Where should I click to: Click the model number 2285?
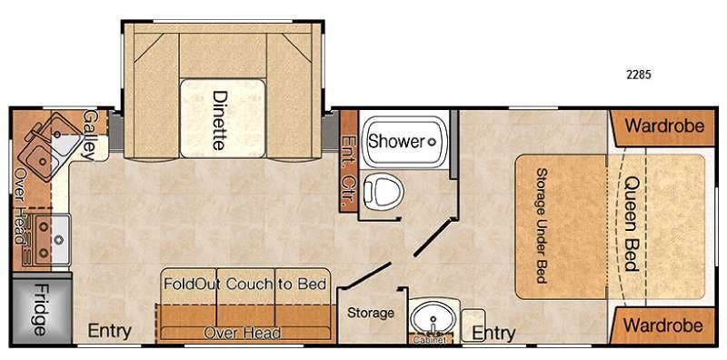[x=639, y=75]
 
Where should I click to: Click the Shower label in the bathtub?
[x=396, y=142]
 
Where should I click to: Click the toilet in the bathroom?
[x=383, y=191]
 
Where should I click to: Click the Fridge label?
[x=40, y=309]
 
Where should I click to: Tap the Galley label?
[x=89, y=135]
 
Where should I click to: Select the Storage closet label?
[x=371, y=313]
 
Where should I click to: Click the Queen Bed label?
[x=632, y=223]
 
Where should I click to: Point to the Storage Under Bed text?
[x=541, y=225]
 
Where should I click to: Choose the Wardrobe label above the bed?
[x=664, y=125]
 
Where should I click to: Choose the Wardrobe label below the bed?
[x=663, y=325]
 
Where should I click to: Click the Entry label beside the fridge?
[x=109, y=331]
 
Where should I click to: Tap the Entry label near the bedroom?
[x=493, y=333]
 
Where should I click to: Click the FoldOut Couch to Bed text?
[x=244, y=284]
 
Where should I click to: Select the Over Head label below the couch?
[x=242, y=333]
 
